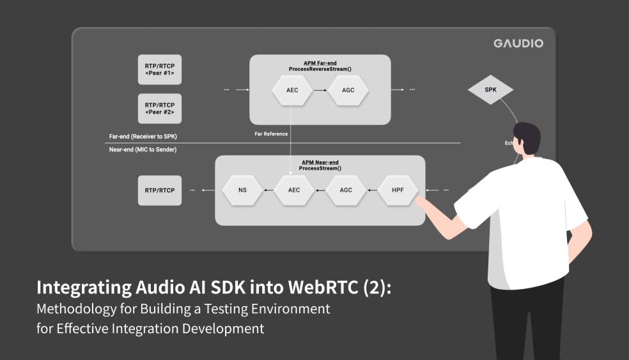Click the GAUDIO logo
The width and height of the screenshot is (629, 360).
[518, 43]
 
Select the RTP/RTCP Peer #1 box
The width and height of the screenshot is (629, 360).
[159, 70]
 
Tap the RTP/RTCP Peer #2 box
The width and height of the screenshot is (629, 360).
[159, 108]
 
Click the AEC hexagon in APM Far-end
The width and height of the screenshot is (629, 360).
[291, 90]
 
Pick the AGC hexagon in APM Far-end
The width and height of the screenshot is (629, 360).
[348, 90]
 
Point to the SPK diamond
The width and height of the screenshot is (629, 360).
[490, 90]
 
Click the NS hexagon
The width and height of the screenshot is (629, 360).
[242, 190]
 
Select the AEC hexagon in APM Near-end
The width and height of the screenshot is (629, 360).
[295, 190]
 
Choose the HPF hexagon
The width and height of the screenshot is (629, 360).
[399, 190]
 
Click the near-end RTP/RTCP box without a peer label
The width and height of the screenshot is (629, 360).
[159, 191]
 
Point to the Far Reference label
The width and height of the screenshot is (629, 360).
[271, 134]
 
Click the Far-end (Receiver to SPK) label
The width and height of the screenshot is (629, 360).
[143, 137]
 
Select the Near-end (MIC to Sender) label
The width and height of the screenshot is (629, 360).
[143, 149]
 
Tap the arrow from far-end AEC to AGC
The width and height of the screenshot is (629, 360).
[320, 90]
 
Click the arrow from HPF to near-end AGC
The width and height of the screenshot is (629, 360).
[373, 190]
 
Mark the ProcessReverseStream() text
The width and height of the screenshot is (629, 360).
[320, 68]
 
